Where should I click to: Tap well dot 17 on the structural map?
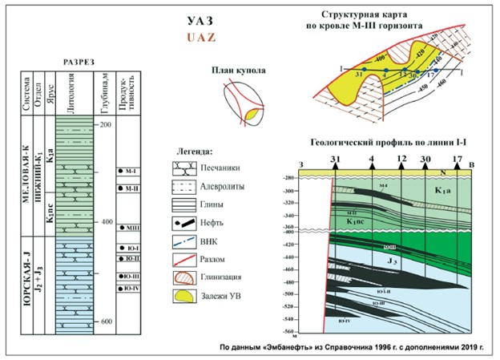pos(438,70)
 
